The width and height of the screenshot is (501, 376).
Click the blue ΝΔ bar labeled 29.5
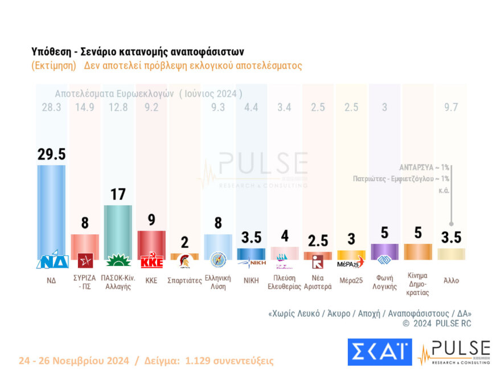51,211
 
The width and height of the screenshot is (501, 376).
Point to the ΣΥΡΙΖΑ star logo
85,261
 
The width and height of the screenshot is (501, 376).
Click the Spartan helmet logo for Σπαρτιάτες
184,261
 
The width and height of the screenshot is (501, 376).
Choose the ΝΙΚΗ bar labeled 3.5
251,254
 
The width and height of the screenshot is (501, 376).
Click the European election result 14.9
84,108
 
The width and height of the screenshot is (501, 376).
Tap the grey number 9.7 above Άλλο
451,108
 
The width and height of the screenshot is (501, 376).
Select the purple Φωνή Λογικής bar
384,251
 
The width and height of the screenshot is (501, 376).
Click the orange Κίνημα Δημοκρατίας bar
418,251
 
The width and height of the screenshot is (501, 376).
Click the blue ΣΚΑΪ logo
379,352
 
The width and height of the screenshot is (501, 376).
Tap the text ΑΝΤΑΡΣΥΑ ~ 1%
424,167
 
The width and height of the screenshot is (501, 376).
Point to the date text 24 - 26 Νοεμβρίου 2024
73,361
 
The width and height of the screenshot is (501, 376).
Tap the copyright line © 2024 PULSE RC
437,324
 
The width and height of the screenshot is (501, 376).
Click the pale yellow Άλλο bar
451,254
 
